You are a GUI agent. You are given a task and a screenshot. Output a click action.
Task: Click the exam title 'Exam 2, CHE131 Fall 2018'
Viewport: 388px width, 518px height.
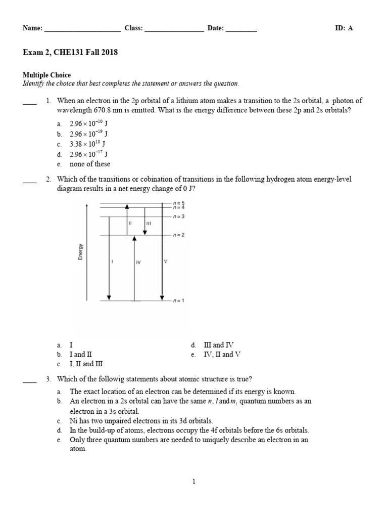[70, 52]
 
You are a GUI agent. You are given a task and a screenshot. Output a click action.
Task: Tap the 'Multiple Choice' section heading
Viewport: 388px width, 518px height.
[46, 75]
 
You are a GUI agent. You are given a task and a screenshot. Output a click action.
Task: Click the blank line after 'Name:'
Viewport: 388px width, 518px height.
[83, 29]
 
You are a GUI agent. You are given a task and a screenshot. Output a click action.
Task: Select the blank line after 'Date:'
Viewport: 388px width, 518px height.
[241, 29]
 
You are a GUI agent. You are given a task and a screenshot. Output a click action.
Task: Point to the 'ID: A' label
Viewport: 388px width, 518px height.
[344, 28]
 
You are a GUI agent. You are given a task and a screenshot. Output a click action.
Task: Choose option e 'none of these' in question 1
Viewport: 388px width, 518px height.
[90, 164]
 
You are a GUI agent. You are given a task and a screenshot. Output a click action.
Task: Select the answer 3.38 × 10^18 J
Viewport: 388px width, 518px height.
[87, 144]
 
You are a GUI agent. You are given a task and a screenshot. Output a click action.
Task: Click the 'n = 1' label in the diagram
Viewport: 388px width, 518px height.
[178, 301]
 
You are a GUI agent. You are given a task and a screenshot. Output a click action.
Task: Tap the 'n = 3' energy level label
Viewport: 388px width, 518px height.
[178, 217]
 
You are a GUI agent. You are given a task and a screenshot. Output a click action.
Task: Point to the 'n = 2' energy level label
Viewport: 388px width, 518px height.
[178, 235]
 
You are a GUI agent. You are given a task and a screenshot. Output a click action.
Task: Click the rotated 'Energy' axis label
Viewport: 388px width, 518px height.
[80, 251]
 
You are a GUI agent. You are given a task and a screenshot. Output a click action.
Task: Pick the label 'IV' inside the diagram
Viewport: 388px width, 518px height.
[138, 263]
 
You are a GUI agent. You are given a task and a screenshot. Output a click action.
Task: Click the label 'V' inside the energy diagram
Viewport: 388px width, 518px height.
[165, 262]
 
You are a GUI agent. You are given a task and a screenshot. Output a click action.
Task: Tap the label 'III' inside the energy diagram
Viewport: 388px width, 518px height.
[148, 223]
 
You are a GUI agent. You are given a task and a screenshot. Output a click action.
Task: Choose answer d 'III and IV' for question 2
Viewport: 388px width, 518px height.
[219, 344]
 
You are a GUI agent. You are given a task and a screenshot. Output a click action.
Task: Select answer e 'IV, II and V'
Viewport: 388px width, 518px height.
[222, 354]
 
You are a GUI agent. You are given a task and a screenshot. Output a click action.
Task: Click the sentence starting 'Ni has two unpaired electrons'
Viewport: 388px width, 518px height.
[141, 420]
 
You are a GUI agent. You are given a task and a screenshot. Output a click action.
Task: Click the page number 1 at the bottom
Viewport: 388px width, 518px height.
[193, 482]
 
